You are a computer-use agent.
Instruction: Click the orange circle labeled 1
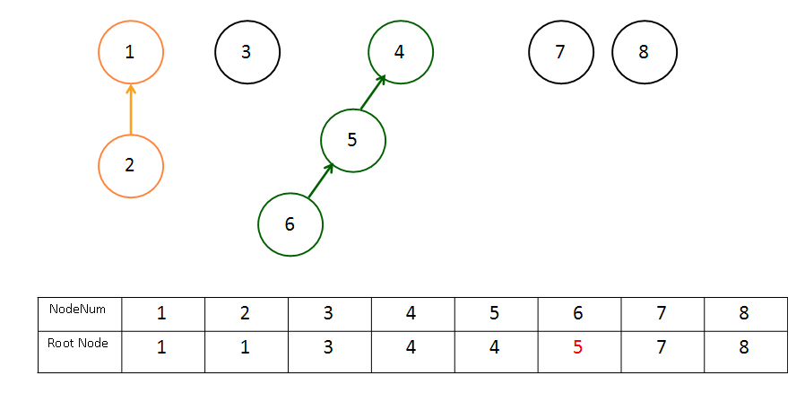(99, 52)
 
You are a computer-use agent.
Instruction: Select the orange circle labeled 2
(99, 166)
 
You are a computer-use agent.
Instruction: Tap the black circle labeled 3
(216, 52)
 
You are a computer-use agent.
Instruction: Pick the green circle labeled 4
(368, 52)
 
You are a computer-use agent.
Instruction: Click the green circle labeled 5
(322, 140)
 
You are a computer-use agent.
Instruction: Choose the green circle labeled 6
(259, 224)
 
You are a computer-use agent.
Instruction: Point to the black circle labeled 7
(529, 52)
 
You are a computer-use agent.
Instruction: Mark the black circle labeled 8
(613, 52)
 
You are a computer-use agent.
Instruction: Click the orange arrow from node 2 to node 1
(131, 109)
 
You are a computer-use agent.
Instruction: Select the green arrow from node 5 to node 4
(373, 92)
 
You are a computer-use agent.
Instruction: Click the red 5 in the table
(577, 348)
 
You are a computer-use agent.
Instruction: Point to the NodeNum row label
(77, 309)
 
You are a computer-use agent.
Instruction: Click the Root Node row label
(77, 343)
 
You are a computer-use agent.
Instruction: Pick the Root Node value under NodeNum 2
(246, 348)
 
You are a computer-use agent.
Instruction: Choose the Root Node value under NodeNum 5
(494, 348)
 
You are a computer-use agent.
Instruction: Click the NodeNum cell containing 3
(330, 314)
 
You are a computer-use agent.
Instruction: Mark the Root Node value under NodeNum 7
(661, 348)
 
